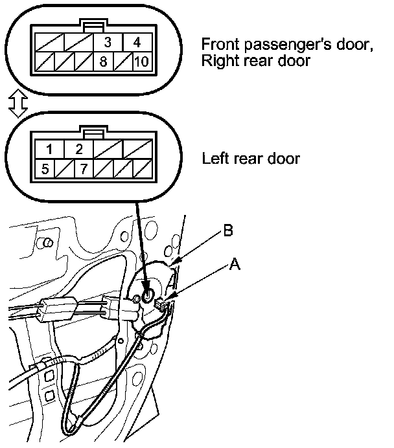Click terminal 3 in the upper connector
(x=108, y=43)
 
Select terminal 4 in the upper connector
(x=137, y=43)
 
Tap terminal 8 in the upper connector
(x=104, y=63)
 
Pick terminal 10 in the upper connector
(x=141, y=63)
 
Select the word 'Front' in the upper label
(x=219, y=45)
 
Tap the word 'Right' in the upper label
(x=220, y=62)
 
